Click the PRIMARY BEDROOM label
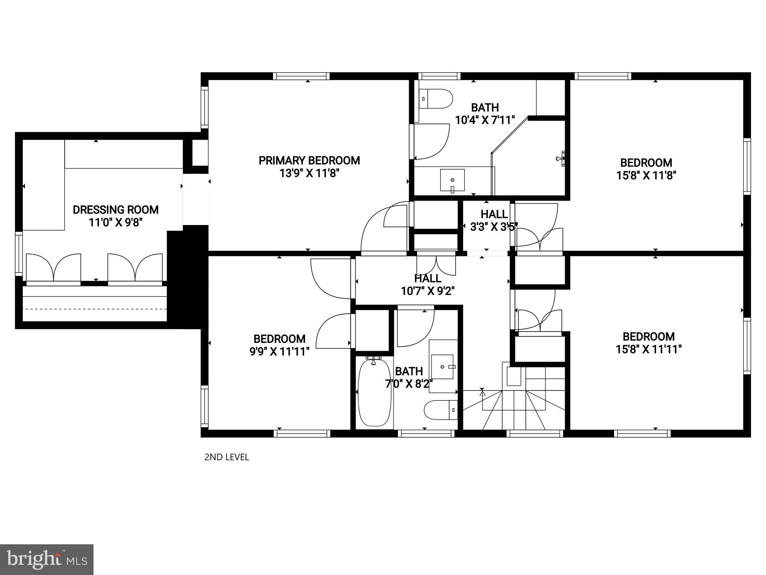[309, 161]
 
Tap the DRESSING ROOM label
[116, 210]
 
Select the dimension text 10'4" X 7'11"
[485, 120]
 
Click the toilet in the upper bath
[435, 99]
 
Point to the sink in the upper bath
[452, 180]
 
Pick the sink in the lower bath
[442, 366]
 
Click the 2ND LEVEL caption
[227, 457]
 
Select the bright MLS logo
[47, 559]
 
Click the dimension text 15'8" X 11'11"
[649, 349]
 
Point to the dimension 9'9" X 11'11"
[280, 352]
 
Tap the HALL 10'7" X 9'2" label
[428, 285]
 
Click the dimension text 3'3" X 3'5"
[494, 226]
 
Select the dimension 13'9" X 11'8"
[309, 173]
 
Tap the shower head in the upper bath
[561, 158]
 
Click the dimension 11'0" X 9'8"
[116, 222]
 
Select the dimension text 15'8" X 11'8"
[646, 175]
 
